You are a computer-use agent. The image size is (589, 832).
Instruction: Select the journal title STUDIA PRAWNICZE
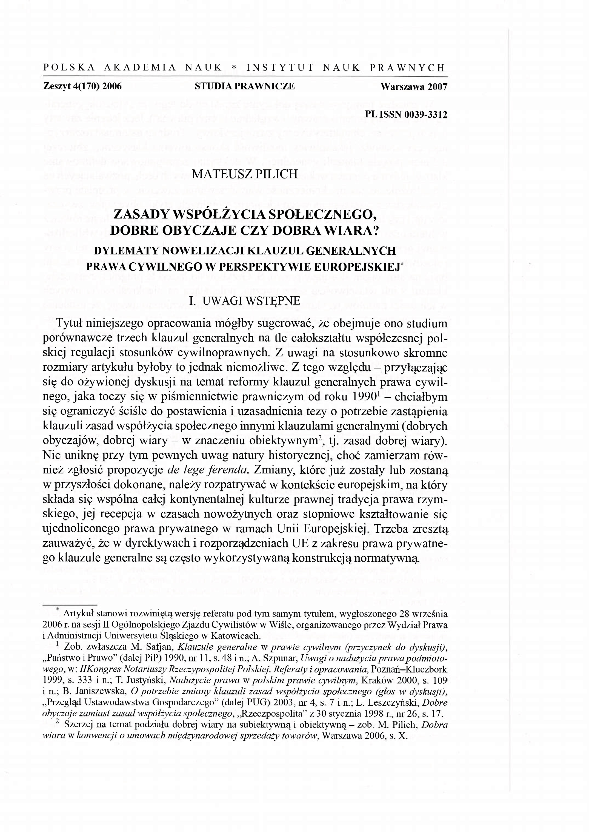coord(244,86)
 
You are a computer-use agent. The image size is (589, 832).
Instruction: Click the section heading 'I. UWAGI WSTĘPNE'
coord(245,301)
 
